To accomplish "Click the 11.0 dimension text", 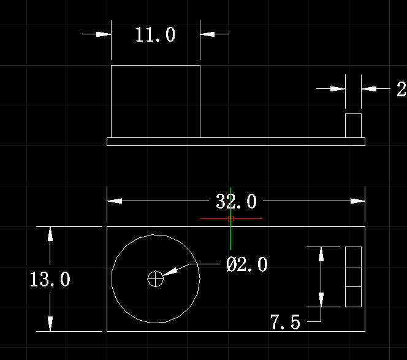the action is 155,34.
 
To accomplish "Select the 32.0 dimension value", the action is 236,201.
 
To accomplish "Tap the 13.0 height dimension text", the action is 50,279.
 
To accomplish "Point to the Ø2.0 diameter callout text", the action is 246,264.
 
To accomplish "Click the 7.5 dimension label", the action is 285,322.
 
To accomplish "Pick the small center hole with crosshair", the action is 156,278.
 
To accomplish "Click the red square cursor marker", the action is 230,219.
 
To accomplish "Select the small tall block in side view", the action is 353,126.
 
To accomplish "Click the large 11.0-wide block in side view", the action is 156,101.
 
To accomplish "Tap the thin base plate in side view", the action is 236,142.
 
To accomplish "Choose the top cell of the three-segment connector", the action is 353,257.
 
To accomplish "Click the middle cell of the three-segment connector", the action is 353,277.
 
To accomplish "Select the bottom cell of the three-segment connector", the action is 353,297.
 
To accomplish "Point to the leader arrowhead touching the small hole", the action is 170,272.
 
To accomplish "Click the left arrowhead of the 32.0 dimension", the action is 115,201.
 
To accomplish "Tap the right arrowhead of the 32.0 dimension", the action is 357,201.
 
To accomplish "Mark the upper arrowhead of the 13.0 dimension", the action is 50,234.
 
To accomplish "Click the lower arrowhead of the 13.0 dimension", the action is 50,324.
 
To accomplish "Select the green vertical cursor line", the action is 230,219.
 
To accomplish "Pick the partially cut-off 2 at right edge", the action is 401,89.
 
